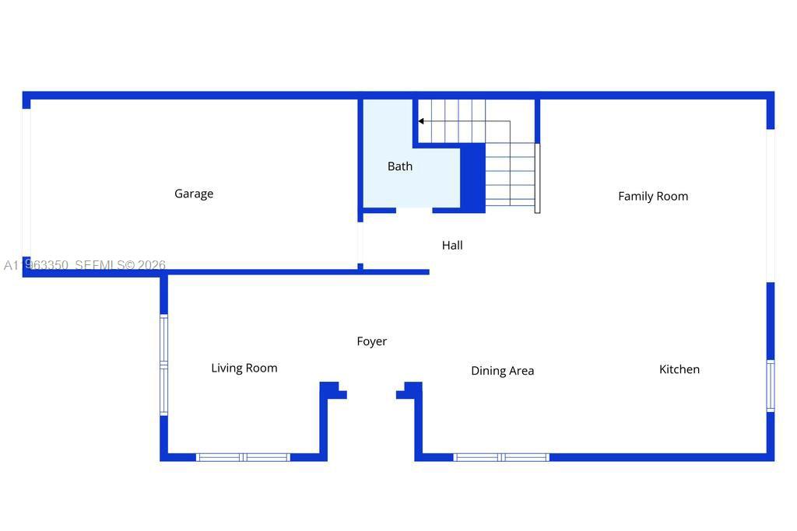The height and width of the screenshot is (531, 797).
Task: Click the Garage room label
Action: [194, 194]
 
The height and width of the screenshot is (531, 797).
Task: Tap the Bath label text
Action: [400, 166]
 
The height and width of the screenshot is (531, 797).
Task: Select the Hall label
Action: [452, 245]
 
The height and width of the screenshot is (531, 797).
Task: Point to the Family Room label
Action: [653, 196]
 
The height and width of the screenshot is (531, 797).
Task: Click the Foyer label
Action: [371, 341]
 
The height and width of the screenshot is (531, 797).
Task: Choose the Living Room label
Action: [244, 368]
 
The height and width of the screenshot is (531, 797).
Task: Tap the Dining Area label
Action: [502, 371]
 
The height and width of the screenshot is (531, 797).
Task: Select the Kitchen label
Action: [679, 369]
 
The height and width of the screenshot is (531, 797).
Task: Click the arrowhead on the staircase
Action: [421, 121]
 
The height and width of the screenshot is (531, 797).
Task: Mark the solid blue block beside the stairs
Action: [473, 178]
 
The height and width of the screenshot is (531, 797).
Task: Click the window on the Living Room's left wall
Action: [163, 364]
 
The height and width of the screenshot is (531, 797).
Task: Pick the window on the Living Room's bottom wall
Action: [243, 457]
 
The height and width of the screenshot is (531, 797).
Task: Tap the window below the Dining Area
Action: [501, 457]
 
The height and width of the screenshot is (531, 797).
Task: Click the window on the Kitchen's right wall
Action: [770, 385]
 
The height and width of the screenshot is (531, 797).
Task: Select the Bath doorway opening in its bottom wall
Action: [414, 210]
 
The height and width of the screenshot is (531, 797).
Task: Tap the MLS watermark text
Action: [85, 265]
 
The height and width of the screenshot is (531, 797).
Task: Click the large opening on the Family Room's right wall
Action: [770, 205]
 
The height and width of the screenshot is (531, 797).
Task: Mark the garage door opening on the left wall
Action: [26, 183]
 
